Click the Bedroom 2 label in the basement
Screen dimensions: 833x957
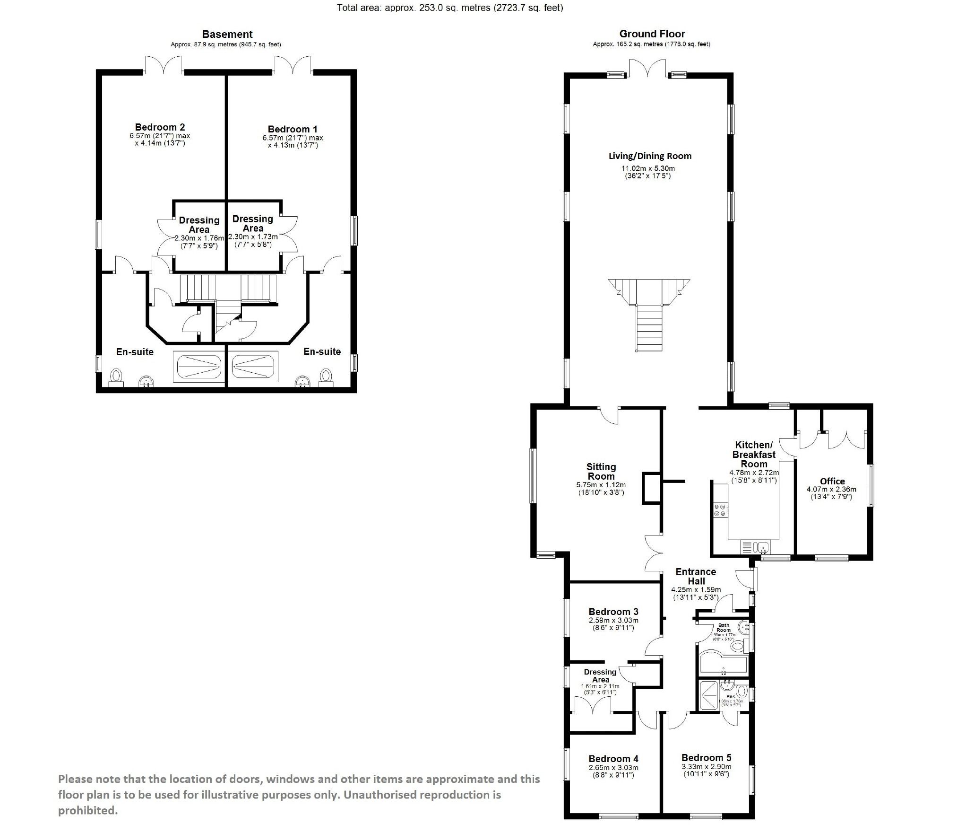(160, 127)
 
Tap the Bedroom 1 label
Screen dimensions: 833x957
(293, 129)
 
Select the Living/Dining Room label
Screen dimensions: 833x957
(650, 156)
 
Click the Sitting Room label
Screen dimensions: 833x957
(601, 471)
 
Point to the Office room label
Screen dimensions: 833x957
(832, 481)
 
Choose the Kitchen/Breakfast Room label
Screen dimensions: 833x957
(754, 454)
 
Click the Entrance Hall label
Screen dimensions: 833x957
(696, 576)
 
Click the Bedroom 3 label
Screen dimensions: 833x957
(613, 612)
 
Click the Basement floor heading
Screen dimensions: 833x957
(227, 34)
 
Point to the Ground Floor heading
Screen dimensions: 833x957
(652, 34)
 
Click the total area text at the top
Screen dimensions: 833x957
(449, 8)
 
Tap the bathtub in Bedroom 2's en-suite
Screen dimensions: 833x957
(198, 366)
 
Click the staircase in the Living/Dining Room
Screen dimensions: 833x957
(649, 313)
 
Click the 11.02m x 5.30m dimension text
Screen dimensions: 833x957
(647, 168)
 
